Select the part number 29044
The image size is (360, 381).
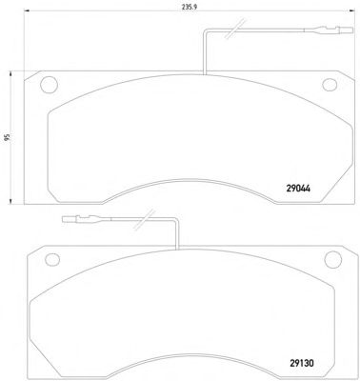[x=298, y=189]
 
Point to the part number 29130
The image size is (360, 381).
[x=302, y=363]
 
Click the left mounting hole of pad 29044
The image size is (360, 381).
[x=49, y=85]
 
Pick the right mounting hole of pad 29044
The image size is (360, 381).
[x=330, y=85]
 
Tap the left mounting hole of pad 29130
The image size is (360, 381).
[x=52, y=259]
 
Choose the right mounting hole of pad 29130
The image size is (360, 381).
[x=333, y=259]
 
